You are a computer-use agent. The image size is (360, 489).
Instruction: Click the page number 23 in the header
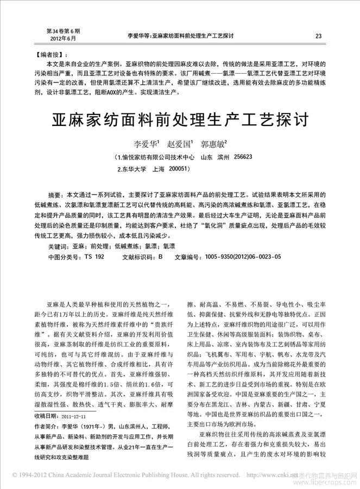coord(318,36)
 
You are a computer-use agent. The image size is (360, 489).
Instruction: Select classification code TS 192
coord(95,256)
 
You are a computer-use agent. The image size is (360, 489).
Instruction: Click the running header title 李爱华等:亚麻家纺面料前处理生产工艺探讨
coord(179,36)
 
